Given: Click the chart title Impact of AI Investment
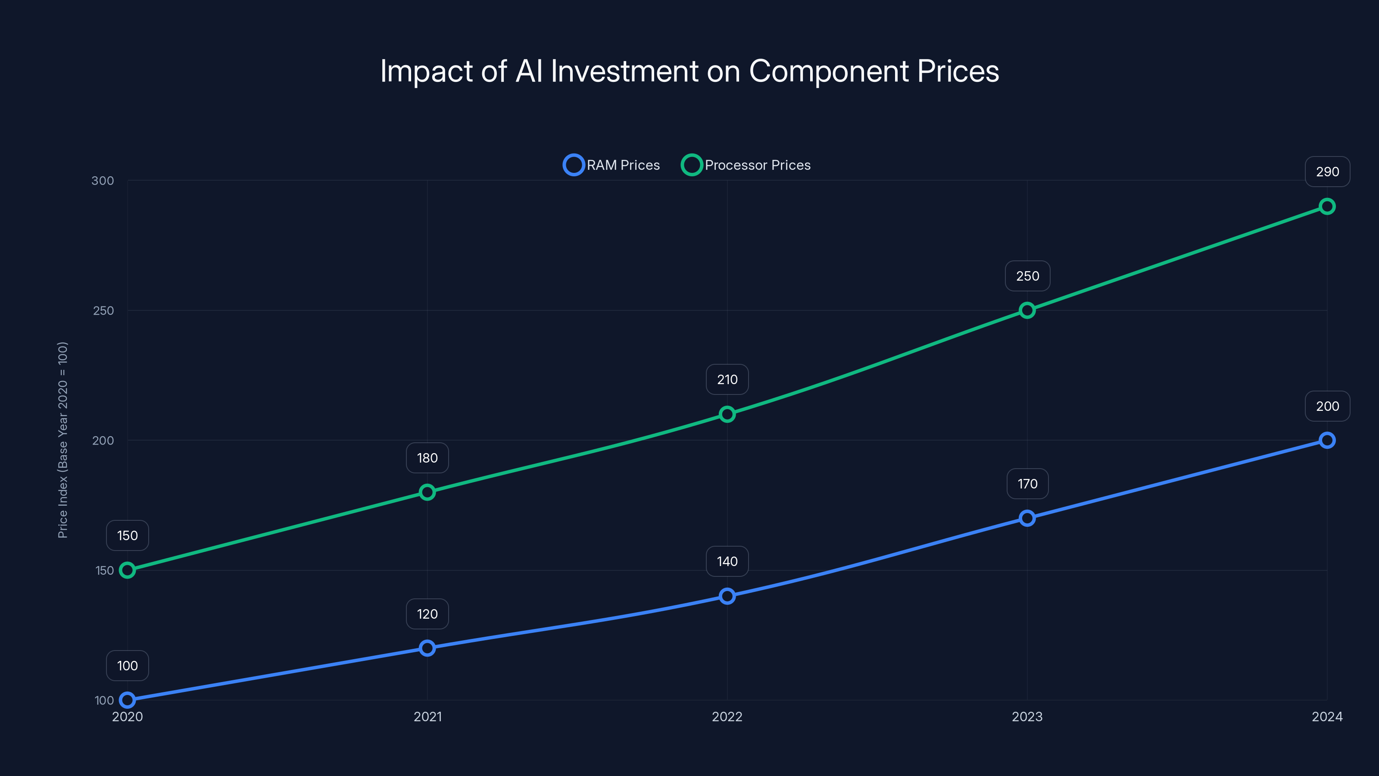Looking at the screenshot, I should click(x=689, y=71).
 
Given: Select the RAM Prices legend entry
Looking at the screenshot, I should click(x=612, y=165).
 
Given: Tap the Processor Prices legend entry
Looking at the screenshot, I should click(x=746, y=165).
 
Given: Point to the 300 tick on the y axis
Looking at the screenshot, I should click(x=103, y=181).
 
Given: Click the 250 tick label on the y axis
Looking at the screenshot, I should click(x=103, y=310).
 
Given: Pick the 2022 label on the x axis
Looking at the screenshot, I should click(x=727, y=717).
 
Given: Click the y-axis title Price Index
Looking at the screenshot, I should click(x=62, y=440).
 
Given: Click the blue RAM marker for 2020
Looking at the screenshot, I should click(x=128, y=700).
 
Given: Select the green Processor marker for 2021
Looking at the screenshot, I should click(x=427, y=492).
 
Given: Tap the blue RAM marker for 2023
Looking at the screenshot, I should click(x=1027, y=518).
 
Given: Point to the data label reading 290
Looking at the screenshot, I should click(x=1327, y=172).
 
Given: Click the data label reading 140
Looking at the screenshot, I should click(x=727, y=561).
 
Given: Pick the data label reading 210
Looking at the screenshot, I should click(x=727, y=380).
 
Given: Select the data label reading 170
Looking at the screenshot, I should click(x=1027, y=484).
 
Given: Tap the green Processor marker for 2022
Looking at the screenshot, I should click(x=727, y=414).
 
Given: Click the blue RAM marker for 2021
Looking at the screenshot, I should click(x=427, y=648).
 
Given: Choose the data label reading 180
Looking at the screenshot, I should click(x=427, y=458).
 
